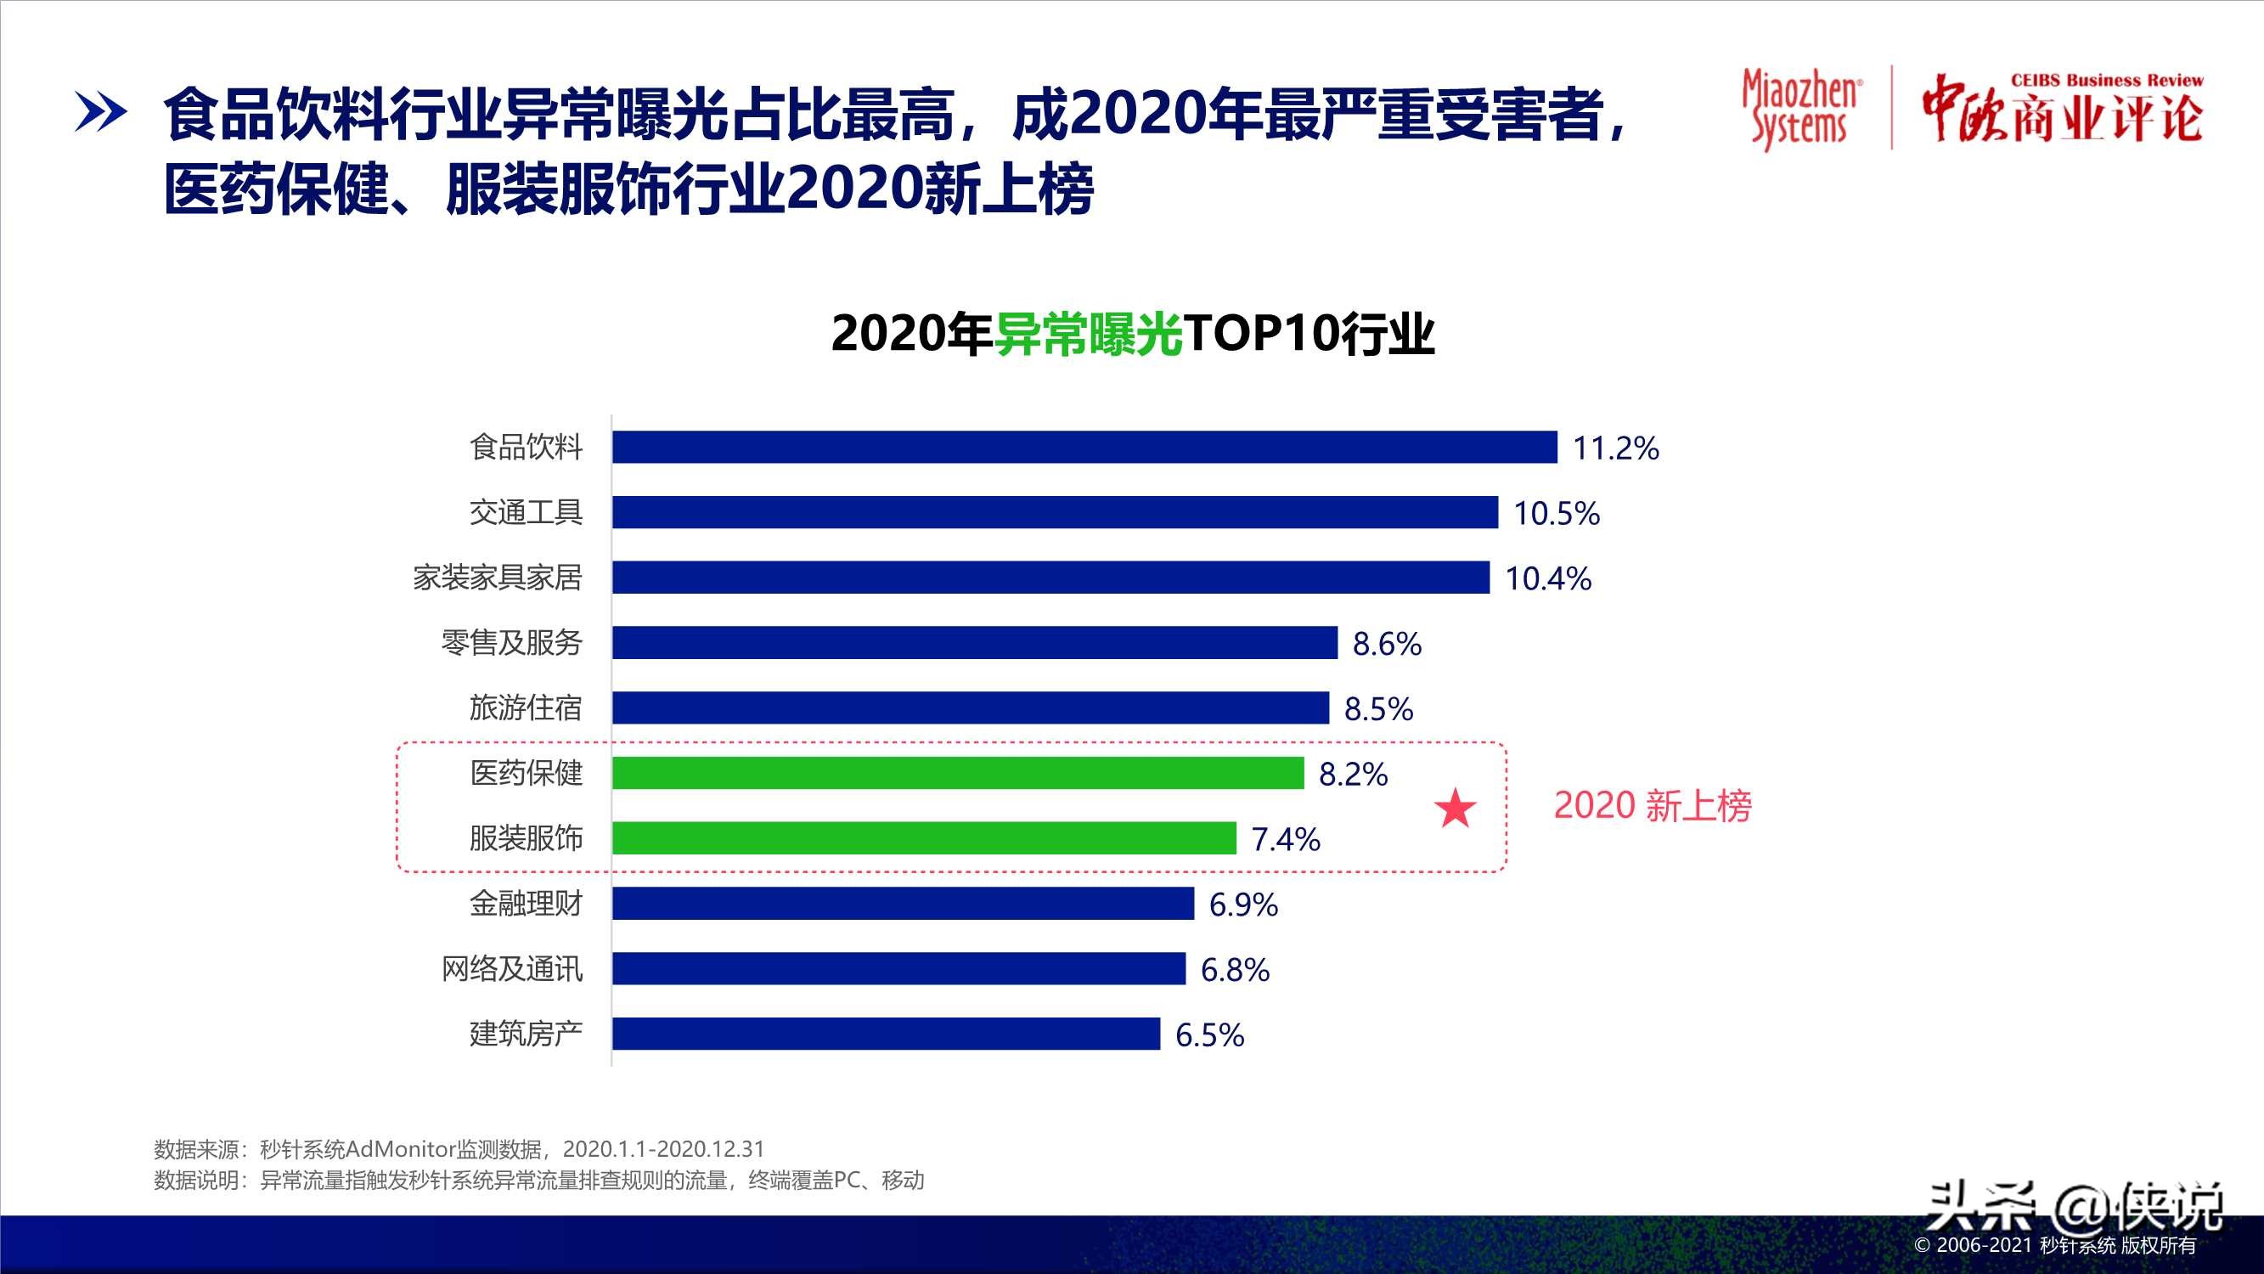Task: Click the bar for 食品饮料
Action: pos(1084,447)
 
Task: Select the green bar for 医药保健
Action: pos(958,773)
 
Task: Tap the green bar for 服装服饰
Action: pos(924,838)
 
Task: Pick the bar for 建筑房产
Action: pos(886,1033)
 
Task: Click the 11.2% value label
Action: pos(1615,448)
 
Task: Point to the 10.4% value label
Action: pos(1548,578)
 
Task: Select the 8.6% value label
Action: pos(1386,644)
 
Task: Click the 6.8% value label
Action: pos(1235,970)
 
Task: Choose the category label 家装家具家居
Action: pos(498,578)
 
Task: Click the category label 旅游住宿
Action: pos(526,707)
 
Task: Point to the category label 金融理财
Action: pos(526,903)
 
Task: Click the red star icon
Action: pos(1455,808)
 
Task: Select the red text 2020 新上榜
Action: pos(1653,805)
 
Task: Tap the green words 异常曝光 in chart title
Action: pos(1088,334)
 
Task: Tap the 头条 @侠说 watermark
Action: pos(2074,1206)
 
